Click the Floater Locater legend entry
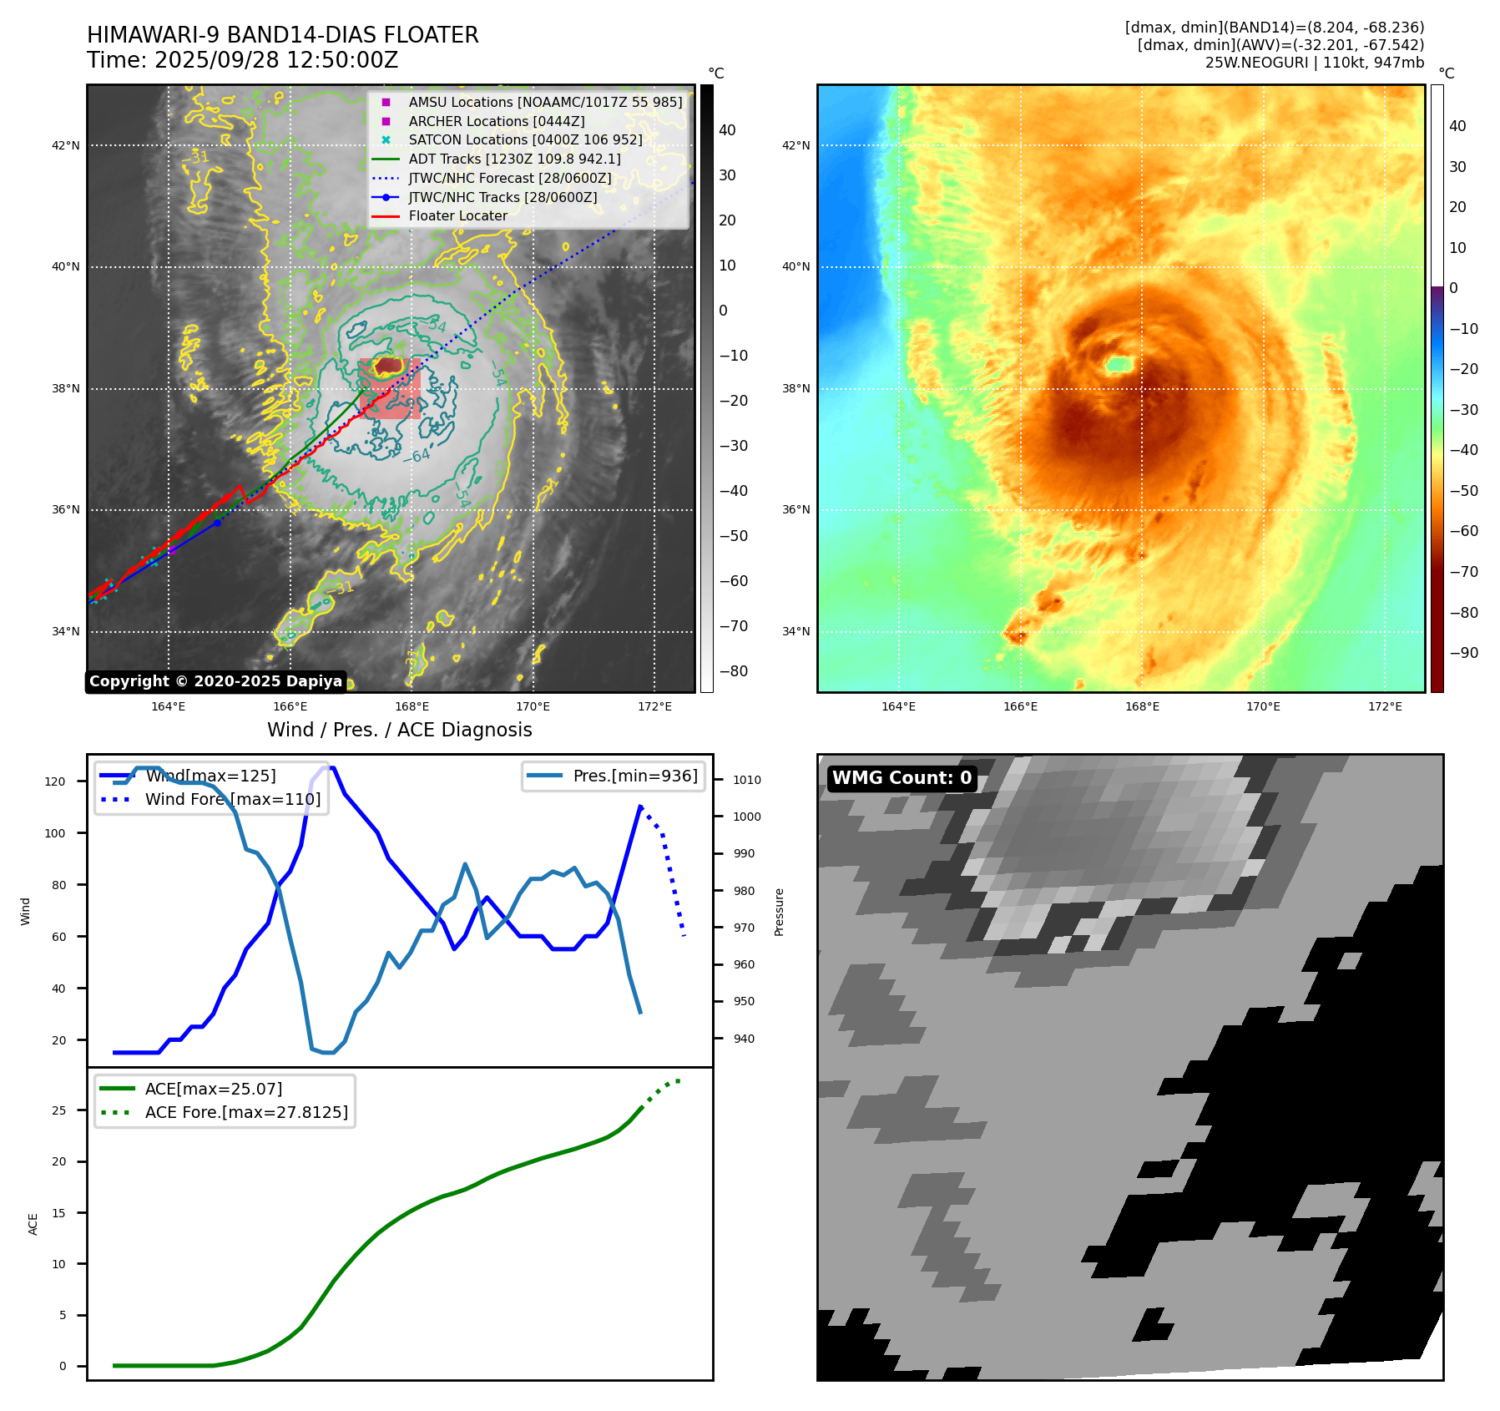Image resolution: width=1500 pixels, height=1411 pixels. coord(457,216)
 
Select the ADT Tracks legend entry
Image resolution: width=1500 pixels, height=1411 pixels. coord(514,159)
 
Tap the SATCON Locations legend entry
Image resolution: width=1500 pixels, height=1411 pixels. coord(525,139)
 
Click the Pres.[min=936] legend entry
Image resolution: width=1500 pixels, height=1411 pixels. coord(634,776)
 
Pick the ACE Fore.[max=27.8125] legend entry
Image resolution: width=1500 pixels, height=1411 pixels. coord(246,1112)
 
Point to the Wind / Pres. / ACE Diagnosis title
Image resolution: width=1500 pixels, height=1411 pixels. coord(399,730)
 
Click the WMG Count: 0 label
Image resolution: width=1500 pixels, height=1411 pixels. coord(902,778)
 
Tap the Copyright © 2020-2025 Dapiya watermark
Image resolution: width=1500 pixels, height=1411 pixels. coord(215,681)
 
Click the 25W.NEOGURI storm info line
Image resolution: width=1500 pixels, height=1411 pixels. coord(1314,63)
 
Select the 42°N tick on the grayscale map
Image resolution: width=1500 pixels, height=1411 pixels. coord(66,145)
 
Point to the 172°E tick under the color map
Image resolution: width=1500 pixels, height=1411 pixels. coord(1385,706)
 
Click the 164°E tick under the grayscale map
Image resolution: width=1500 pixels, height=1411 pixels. coord(169,706)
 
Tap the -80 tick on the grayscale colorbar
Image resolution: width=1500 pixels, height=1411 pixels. coord(734,671)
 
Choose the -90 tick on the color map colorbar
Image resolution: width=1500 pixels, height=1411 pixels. coord(1463,653)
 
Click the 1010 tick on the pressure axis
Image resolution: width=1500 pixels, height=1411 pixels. coord(747,780)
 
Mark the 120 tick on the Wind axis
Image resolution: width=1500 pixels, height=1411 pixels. coord(55,781)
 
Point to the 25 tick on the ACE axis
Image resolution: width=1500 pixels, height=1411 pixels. coord(59,1110)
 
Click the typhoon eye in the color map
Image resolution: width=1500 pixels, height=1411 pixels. coord(1119,364)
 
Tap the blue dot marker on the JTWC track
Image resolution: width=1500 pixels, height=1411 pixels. coord(217,523)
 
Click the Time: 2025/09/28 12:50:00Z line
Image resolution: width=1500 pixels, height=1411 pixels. coord(242,60)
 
